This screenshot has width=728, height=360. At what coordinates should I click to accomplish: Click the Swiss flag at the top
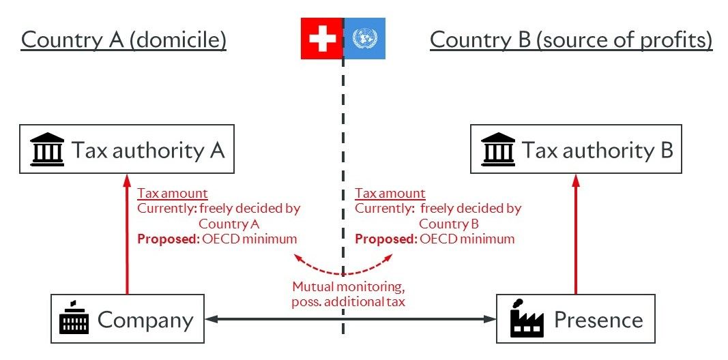(321, 38)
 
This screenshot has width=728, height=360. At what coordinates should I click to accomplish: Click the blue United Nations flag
(365, 38)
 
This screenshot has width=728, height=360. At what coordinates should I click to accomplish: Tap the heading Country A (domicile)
(123, 40)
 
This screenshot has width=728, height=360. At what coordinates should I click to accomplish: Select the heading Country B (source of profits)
(570, 40)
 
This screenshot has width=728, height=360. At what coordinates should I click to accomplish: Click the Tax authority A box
(127, 149)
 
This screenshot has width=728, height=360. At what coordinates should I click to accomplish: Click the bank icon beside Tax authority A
(48, 150)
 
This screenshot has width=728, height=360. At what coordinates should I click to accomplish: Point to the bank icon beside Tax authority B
(497, 150)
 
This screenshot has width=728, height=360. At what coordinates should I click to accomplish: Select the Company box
(128, 319)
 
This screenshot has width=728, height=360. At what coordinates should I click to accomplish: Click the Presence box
(575, 319)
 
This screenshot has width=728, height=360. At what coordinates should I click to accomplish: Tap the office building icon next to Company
(74, 319)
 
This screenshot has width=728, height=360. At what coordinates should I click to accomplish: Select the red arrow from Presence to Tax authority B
(575, 235)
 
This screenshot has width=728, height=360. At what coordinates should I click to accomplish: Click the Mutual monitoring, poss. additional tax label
(348, 294)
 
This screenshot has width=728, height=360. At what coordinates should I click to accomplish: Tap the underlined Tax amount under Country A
(173, 194)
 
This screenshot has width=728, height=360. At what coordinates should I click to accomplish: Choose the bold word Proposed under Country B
(385, 239)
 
